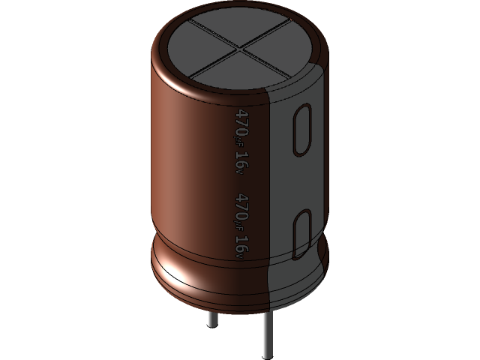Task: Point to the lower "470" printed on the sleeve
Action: pyautogui.click(x=241, y=204)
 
